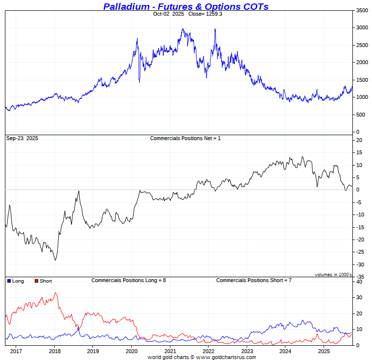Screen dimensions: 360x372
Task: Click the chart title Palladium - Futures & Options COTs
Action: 186,6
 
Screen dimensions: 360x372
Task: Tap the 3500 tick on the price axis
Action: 362,10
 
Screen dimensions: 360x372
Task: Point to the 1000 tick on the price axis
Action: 362,97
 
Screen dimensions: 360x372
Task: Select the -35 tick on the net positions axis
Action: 360,277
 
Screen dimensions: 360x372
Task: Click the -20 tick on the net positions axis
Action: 360,240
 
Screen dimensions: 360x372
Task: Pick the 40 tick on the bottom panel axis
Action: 359,282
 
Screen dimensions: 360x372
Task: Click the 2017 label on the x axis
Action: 16,351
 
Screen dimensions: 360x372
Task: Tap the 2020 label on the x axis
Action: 132,351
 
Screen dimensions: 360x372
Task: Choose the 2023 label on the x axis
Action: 247,351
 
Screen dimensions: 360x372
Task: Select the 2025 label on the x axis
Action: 324,351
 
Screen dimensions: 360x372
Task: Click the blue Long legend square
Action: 9,281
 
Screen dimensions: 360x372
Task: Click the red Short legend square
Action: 36,281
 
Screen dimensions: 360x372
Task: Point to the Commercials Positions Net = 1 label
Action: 186,139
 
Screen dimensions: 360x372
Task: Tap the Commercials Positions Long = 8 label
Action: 129,280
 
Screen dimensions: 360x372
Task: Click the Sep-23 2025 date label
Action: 22,139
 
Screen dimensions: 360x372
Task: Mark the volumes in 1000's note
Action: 333,275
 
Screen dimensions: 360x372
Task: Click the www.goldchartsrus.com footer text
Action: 226,358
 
